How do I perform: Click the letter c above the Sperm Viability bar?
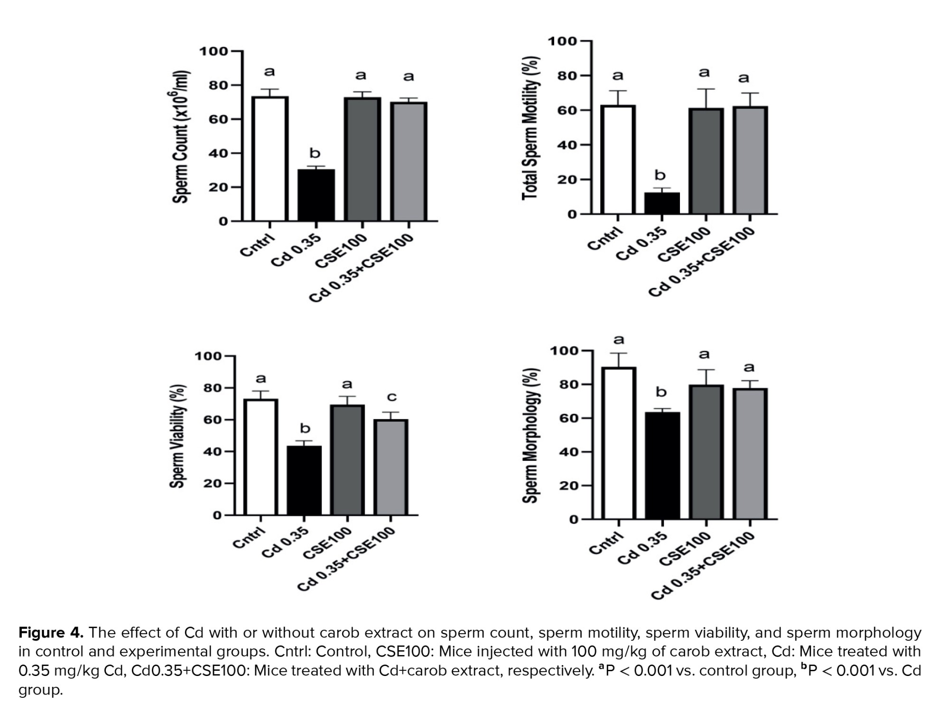(x=392, y=397)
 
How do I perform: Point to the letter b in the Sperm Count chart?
(x=315, y=153)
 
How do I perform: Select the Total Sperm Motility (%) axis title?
(x=531, y=128)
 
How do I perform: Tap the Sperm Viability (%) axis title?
(x=177, y=436)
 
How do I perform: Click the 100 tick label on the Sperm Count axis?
(x=213, y=51)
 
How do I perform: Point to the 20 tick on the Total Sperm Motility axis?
(x=567, y=180)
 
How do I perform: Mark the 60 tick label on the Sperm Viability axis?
(x=212, y=419)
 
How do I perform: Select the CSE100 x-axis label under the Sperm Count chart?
(x=341, y=250)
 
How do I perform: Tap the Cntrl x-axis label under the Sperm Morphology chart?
(x=605, y=543)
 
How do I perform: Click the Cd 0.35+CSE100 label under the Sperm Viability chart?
(x=347, y=559)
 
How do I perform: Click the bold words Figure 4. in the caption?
(x=51, y=633)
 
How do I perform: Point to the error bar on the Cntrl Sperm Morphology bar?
(x=618, y=360)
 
